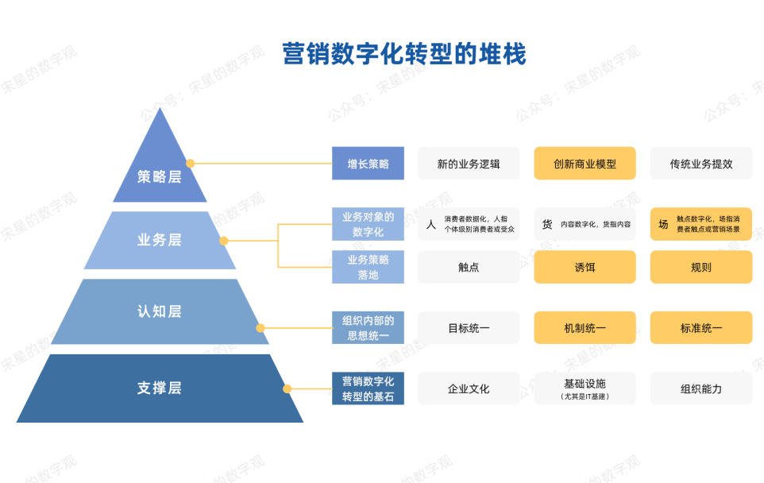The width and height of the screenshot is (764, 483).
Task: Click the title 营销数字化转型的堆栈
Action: click(404, 54)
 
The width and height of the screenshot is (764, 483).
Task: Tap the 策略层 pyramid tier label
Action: click(160, 176)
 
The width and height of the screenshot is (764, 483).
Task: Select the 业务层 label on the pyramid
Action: click(160, 240)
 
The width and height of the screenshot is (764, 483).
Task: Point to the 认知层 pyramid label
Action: click(160, 311)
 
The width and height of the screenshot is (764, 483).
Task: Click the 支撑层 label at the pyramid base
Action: click(160, 388)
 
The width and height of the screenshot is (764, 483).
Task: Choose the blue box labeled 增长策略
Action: click(368, 164)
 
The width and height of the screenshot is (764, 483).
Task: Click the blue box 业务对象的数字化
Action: click(368, 224)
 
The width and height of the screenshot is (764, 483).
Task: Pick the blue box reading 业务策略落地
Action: click(368, 267)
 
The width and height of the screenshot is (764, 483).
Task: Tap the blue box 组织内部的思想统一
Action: click(368, 327)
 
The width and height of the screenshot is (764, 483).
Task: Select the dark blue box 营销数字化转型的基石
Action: click(368, 388)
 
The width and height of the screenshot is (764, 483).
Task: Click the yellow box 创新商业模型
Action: click(585, 164)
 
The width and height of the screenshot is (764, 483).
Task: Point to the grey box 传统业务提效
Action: click(700, 164)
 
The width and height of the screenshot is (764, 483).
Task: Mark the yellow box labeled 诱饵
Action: click(585, 267)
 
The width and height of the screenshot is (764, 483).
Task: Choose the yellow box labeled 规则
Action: click(700, 267)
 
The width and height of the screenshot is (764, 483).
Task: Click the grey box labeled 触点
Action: click(469, 267)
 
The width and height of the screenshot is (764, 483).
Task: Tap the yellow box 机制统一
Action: click(585, 327)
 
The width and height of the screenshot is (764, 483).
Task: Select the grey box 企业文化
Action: click(469, 388)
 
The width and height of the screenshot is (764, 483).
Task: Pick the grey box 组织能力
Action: click(700, 388)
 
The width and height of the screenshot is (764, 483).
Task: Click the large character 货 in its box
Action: click(547, 225)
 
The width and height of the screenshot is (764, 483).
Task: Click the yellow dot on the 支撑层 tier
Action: click(287, 388)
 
